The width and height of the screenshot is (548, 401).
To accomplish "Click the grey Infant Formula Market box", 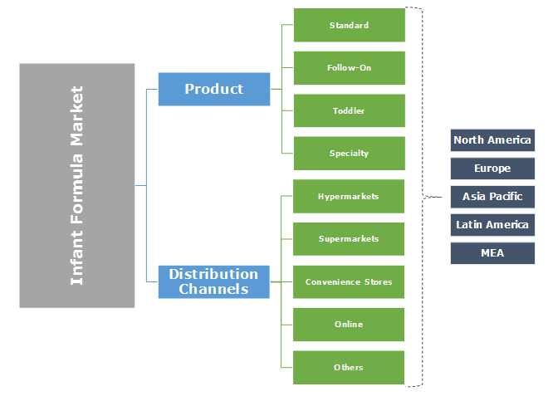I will (x=76, y=185).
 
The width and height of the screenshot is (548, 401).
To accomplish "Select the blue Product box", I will (x=214, y=89).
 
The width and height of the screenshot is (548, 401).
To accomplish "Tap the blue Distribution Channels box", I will (x=214, y=281).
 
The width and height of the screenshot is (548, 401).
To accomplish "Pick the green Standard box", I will (x=349, y=25).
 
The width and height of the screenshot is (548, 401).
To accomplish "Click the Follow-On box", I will (x=349, y=68).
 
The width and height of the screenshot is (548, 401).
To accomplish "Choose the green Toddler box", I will (x=349, y=110).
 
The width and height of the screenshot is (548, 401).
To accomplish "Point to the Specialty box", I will (x=349, y=154).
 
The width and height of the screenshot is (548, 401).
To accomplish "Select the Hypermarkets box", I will (x=349, y=197).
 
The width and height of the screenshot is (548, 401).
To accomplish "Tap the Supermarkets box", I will (x=349, y=239).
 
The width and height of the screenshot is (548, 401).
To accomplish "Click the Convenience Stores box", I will (x=349, y=282).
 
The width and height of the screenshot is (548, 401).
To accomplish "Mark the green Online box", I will (x=349, y=325).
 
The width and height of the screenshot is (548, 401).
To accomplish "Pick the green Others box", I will (x=349, y=368).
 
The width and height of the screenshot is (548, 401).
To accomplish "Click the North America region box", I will (x=492, y=140).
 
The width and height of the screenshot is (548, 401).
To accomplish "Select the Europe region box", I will (x=492, y=169).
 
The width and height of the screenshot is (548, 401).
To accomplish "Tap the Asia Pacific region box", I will (x=492, y=197).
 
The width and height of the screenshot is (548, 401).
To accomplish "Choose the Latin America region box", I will (x=492, y=225).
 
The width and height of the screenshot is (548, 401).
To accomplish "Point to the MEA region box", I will (x=492, y=253).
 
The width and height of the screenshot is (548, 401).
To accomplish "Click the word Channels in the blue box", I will (x=213, y=290).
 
